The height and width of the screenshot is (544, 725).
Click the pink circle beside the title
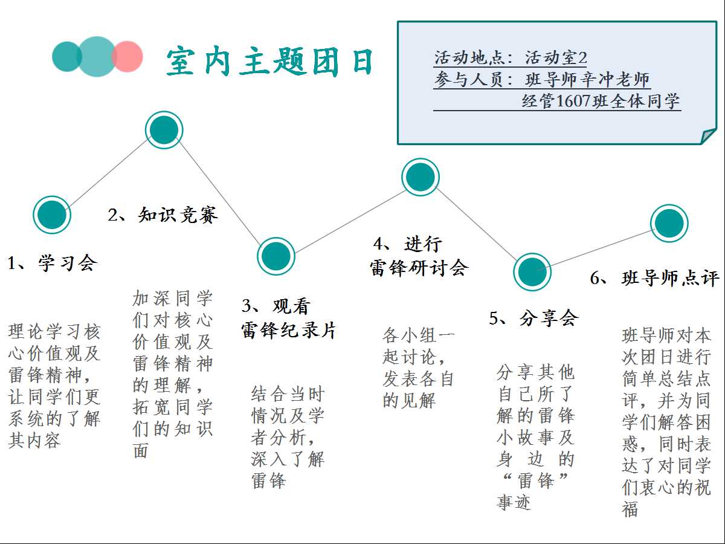click(127, 56)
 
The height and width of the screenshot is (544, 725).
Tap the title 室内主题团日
click(269, 62)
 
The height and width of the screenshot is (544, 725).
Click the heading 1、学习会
click(53, 264)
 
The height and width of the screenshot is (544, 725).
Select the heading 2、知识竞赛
click(163, 215)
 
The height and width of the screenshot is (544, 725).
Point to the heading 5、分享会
click(533, 318)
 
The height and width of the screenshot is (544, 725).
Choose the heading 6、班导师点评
click(654, 278)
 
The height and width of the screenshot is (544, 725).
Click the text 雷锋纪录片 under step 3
click(288, 330)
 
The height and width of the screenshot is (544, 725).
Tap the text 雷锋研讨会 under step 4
click(419, 267)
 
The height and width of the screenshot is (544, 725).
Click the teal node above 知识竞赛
click(164, 130)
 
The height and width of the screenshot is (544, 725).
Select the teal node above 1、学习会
click(52, 215)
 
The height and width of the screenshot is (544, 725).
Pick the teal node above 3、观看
click(275, 256)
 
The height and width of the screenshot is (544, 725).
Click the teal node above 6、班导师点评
click(669, 223)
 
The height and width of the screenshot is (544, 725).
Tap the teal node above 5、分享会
click(532, 272)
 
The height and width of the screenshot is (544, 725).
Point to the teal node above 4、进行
click(420, 177)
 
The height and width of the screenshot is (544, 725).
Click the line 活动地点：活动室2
click(511, 57)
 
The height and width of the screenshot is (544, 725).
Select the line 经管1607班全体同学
click(601, 101)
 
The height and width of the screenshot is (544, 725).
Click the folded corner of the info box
click(708, 136)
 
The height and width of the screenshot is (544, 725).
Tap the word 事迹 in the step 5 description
click(514, 502)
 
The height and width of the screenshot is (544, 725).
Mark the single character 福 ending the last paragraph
click(630, 509)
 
